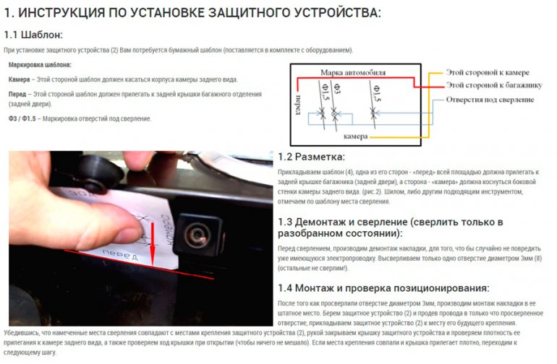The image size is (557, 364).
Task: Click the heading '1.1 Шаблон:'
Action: (x=33, y=35)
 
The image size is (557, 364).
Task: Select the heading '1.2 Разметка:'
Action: (x=312, y=157)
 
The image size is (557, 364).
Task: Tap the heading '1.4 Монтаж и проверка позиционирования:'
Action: (x=383, y=287)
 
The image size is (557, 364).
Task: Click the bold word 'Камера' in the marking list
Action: (x=19, y=79)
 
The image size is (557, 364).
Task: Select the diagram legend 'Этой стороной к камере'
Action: (x=488, y=73)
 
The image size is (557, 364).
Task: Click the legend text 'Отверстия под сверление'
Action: (x=490, y=100)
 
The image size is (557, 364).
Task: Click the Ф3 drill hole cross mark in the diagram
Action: (x=335, y=114)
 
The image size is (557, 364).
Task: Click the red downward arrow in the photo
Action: (x=153, y=243)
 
